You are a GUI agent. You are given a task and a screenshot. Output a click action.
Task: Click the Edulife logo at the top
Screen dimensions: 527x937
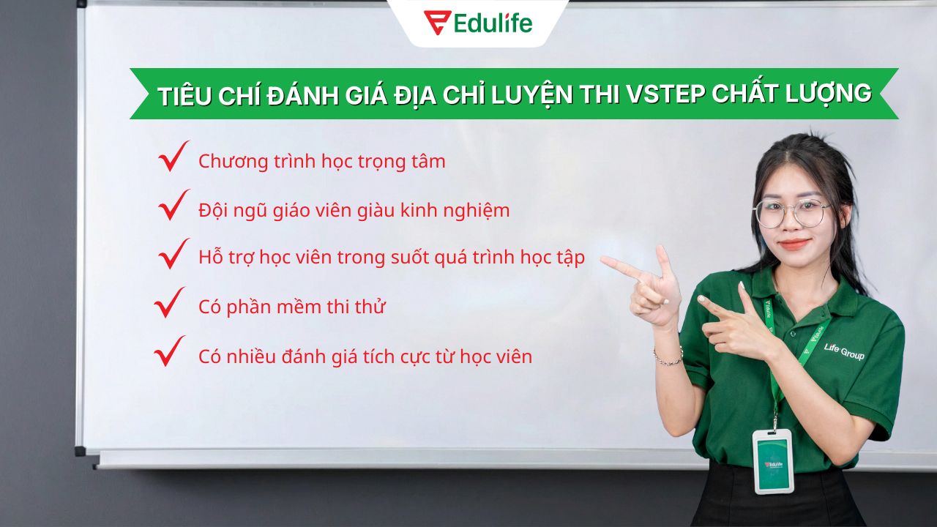[x=478, y=23]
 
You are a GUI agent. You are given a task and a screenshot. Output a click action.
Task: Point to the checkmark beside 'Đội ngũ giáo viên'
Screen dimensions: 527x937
[x=173, y=206]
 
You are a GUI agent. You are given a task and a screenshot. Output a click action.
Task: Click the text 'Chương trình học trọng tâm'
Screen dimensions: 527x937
[x=321, y=162]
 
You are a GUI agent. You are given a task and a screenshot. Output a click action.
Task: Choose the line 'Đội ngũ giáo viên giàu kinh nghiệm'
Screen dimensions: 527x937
[x=354, y=211]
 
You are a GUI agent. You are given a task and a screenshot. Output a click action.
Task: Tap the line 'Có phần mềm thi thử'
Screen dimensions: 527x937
[x=291, y=307]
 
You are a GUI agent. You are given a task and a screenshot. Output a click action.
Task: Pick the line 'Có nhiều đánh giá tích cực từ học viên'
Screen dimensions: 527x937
[x=365, y=357]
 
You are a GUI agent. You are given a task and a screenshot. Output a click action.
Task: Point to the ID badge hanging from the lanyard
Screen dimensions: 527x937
[x=772, y=460]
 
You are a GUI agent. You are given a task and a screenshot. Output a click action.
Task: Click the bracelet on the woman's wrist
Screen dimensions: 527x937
[x=668, y=358]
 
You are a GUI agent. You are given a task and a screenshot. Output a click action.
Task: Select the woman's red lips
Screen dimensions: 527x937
[x=794, y=244]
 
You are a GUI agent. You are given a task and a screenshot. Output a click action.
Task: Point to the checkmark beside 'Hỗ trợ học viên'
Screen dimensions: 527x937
[x=173, y=254]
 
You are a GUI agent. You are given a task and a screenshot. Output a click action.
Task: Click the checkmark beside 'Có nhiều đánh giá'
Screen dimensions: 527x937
[x=169, y=352]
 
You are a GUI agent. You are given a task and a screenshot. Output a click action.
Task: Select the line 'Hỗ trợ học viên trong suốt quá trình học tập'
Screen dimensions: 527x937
[x=391, y=259]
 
